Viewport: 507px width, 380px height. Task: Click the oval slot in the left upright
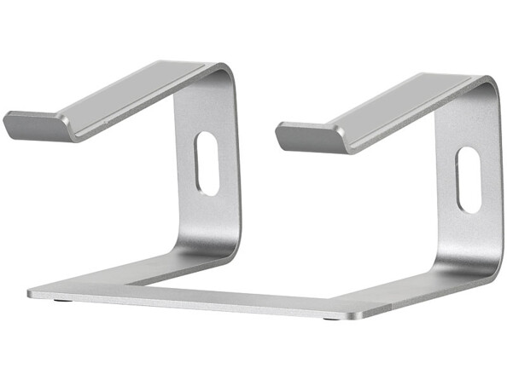tap(207, 162)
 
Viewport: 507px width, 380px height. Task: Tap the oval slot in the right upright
tap(468, 179)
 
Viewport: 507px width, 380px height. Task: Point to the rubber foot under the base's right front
tap(330, 319)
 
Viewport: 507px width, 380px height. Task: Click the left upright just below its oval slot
tap(208, 213)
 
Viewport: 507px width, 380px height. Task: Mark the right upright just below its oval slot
tap(469, 234)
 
